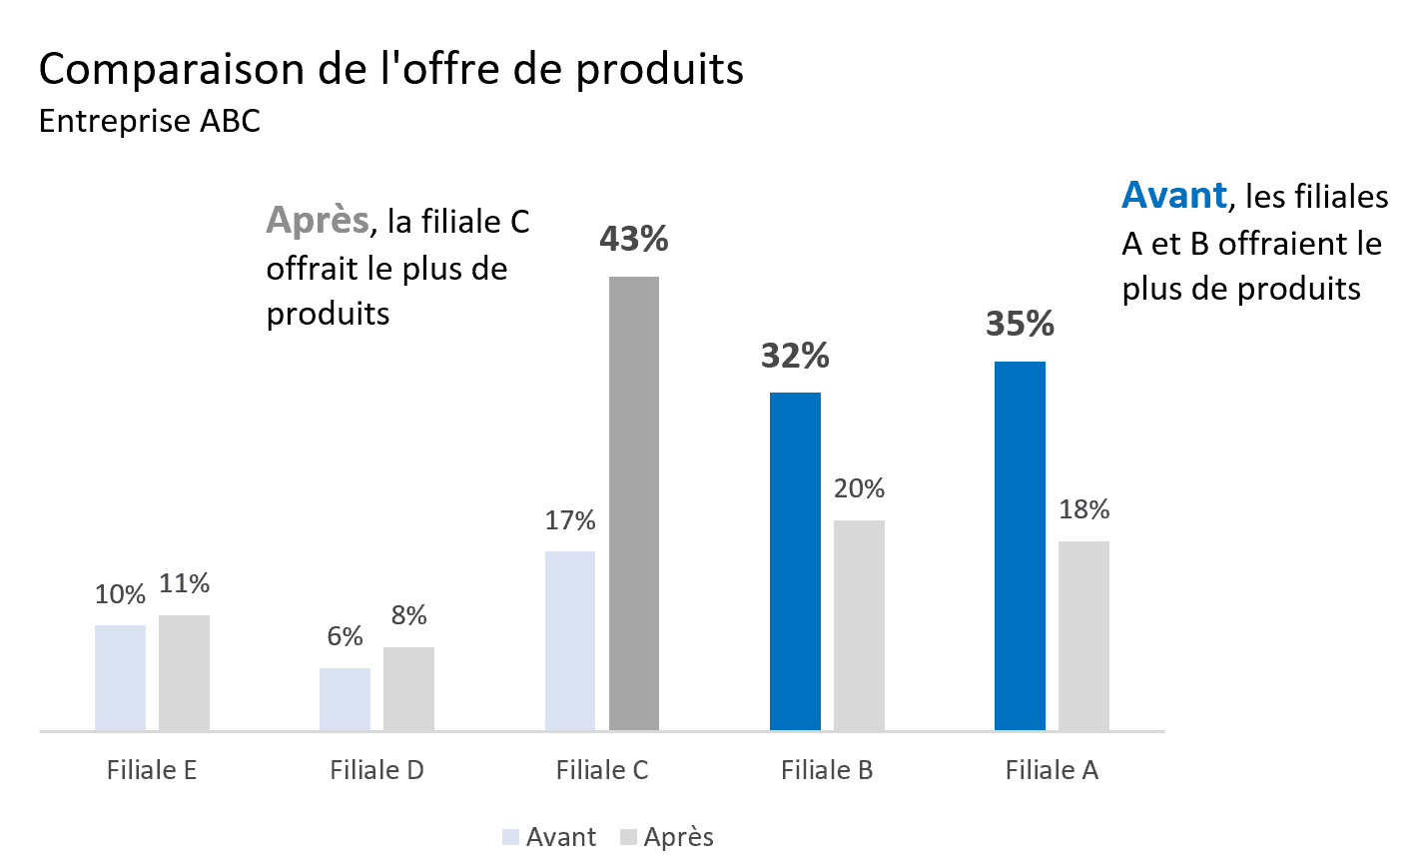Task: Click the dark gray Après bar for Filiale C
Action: coord(633,503)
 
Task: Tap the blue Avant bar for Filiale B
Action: coord(795,561)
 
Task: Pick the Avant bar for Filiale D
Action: coord(345,699)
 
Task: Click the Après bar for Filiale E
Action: coord(184,673)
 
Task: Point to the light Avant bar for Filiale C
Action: coord(569,640)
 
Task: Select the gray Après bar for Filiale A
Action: coord(1083,635)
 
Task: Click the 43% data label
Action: coord(633,239)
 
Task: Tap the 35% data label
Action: coord(1020,324)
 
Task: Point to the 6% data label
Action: coord(345,636)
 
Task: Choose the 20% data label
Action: coord(859,488)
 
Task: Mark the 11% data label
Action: coord(184,583)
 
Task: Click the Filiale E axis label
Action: coord(152,770)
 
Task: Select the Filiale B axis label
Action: coord(827,770)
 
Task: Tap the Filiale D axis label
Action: coord(376,770)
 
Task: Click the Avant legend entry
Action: coord(550,837)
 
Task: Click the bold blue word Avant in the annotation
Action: coord(1173,195)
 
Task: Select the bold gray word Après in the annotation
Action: coord(317,220)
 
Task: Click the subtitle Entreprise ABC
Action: coord(149,121)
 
